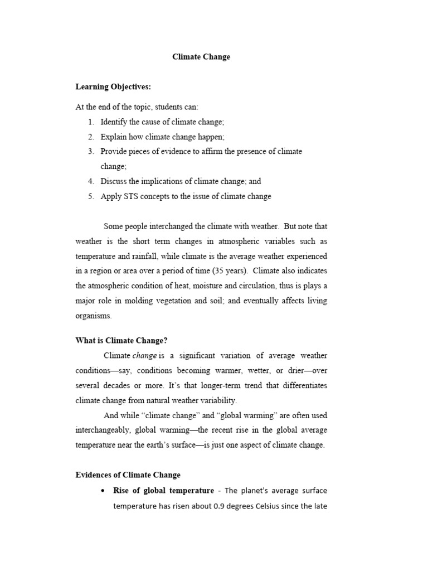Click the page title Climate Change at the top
[x=201, y=57]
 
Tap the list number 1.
[x=91, y=122]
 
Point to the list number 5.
[x=91, y=196]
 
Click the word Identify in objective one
[x=114, y=122]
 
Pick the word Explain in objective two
[x=114, y=137]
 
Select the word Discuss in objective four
[x=115, y=181]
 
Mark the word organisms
[x=94, y=316]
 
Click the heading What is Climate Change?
[x=121, y=341]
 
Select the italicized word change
[x=144, y=356]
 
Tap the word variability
[x=217, y=400]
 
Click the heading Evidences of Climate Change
[x=128, y=475]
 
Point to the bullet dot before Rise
[x=101, y=491]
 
